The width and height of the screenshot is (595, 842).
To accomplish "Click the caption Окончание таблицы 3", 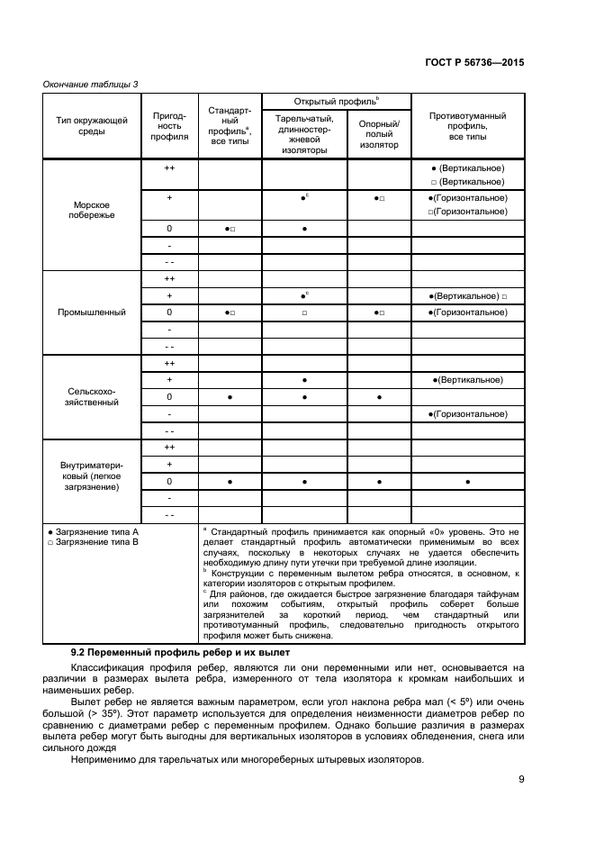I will pos(91,84).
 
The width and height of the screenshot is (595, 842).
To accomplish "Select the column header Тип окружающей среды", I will pos(92,125).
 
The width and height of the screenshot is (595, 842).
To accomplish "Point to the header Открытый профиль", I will pos(336,100).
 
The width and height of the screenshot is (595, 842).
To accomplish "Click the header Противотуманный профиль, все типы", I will pos(467,125).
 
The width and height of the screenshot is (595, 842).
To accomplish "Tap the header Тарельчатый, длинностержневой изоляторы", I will pos(304,134).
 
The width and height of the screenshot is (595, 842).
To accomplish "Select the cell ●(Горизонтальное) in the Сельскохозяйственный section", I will pos(467,414).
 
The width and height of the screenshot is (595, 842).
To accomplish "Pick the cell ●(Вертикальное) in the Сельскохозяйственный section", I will pos(467,380).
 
